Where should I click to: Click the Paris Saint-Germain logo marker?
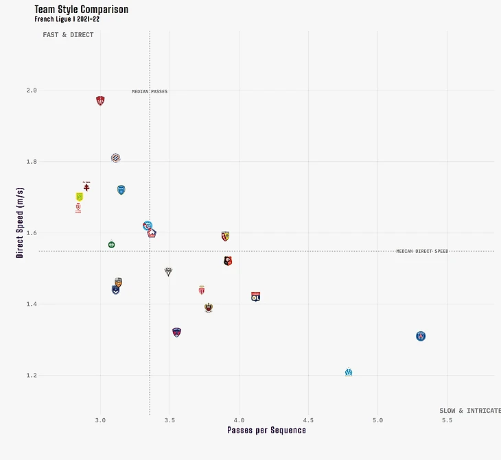click(421, 336)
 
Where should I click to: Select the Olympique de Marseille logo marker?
click(349, 372)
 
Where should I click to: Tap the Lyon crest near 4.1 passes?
click(256, 297)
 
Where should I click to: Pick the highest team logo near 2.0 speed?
click(100, 101)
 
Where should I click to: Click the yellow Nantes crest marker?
click(79, 197)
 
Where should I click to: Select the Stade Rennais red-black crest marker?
click(228, 261)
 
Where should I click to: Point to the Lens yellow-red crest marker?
click(225, 236)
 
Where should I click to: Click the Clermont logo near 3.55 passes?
click(177, 332)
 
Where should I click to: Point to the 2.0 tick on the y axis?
click(32, 90)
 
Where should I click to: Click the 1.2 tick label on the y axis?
click(32, 376)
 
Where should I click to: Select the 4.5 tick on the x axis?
click(308, 420)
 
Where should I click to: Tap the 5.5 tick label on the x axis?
click(447, 420)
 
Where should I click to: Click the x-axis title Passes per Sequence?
click(266, 431)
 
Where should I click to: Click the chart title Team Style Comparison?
click(81, 10)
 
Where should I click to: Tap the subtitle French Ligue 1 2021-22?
click(67, 19)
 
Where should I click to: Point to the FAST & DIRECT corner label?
click(68, 35)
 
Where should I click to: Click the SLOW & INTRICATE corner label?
click(469, 411)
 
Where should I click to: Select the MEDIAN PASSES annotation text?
click(150, 92)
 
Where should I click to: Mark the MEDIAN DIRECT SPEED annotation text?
click(421, 252)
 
